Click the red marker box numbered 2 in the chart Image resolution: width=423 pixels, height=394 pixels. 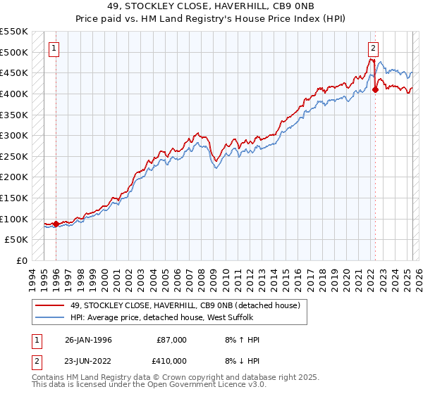click(x=373, y=49)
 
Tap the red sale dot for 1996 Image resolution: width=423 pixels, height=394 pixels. click(x=56, y=224)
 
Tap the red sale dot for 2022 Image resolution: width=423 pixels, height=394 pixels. click(x=375, y=89)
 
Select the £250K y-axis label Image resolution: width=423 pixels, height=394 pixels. click(x=14, y=156)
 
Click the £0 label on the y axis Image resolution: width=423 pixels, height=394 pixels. click(x=23, y=260)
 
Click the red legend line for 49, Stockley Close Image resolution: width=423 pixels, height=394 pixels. click(x=49, y=305)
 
